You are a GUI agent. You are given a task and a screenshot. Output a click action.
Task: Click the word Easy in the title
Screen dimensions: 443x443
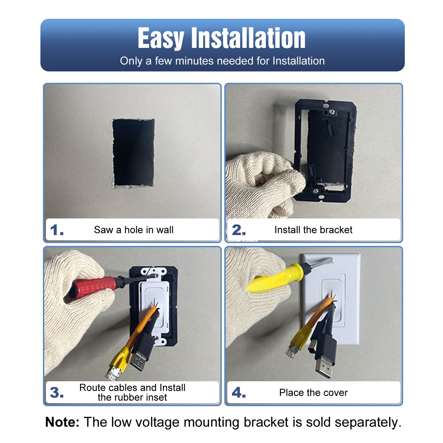[x=161, y=39]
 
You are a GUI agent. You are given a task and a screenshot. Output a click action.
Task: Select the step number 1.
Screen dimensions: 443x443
[x=57, y=230]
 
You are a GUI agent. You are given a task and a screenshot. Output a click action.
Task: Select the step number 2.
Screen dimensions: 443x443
[x=239, y=230]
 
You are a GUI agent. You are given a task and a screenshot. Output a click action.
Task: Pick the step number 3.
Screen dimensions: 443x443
[x=57, y=393]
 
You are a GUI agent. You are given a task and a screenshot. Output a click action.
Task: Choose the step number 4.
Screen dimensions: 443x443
[x=239, y=393]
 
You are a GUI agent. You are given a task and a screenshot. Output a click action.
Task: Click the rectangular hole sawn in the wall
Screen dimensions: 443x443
[x=133, y=153]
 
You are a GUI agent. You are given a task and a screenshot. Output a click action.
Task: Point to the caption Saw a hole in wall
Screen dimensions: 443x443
[x=134, y=230]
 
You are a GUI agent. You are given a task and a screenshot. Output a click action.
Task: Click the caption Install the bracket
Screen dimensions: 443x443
[x=313, y=230]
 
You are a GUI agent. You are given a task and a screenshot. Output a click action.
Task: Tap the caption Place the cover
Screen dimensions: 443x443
[x=313, y=393]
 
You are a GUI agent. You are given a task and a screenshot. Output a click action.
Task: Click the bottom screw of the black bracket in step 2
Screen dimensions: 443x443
[x=316, y=191]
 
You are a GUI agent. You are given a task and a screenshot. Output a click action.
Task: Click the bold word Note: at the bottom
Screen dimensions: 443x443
[x=62, y=422]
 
